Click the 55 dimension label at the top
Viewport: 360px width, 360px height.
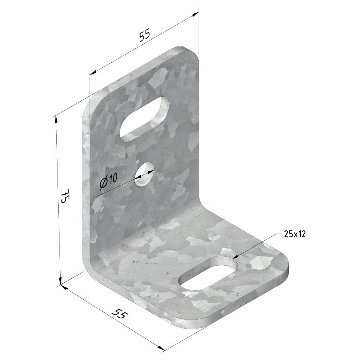[145, 35]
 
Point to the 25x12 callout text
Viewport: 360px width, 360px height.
[295, 234]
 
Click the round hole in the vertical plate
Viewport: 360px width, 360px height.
[144, 174]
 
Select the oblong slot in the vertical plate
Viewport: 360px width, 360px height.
[144, 119]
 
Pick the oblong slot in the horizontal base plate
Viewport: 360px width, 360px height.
[208, 273]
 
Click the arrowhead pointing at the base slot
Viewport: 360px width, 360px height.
[236, 258]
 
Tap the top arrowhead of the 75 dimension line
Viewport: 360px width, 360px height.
[55, 120]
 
